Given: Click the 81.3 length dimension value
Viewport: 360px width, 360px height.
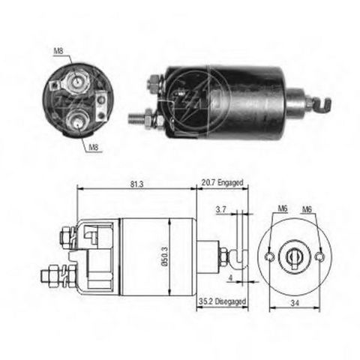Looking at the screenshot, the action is pyautogui.click(x=137, y=184).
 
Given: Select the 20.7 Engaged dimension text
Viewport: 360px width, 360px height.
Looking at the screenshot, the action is pyautogui.click(x=222, y=182).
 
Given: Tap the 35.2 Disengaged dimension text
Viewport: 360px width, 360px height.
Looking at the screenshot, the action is pyautogui.click(x=222, y=301).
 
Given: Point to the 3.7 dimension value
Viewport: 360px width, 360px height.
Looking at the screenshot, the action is pyautogui.click(x=221, y=209).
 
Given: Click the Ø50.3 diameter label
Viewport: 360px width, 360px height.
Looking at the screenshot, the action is pyautogui.click(x=166, y=256).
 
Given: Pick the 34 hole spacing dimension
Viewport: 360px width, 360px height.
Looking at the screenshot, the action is pyautogui.click(x=295, y=303).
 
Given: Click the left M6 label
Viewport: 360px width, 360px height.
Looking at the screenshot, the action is pyautogui.click(x=283, y=208).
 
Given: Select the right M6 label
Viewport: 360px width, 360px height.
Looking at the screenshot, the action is pyautogui.click(x=307, y=209).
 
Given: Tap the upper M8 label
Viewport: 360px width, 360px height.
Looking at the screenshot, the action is pyautogui.click(x=58, y=51).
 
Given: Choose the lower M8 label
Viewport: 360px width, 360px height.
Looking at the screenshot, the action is pyautogui.click(x=94, y=148).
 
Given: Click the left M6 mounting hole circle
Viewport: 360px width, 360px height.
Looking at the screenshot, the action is pyautogui.click(x=269, y=256).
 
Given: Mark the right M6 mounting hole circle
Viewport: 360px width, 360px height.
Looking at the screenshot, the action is pyautogui.click(x=319, y=256).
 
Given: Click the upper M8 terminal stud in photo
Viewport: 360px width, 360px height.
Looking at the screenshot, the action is pyautogui.click(x=76, y=81).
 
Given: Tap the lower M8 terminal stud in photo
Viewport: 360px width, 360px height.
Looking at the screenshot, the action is pyautogui.click(x=78, y=121).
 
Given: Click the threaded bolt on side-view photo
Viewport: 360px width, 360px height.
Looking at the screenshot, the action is pyautogui.click(x=137, y=118).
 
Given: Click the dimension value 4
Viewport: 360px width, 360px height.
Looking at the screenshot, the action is pyautogui.click(x=230, y=277).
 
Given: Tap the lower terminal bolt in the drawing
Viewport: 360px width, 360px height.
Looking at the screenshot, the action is pyautogui.click(x=58, y=276).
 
